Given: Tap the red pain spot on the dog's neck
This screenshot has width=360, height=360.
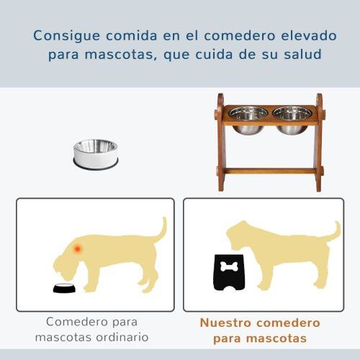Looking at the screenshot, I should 77,248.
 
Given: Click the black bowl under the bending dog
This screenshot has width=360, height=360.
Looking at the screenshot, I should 63,289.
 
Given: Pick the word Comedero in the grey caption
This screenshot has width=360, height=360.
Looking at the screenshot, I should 76,321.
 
